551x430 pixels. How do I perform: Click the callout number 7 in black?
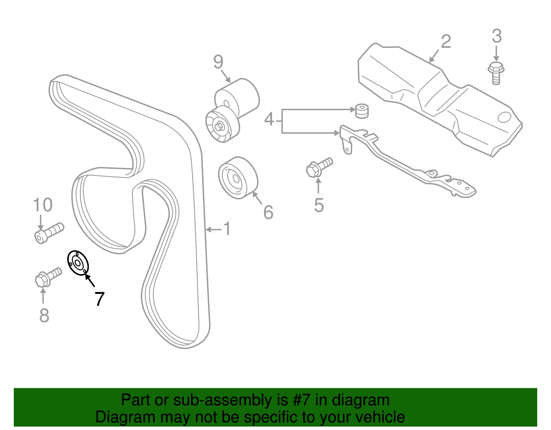pos(100,299)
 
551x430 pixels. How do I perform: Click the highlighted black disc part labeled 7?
pos(78,263)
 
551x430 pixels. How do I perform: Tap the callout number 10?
pos(43,205)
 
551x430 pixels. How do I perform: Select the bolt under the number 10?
pos(49,233)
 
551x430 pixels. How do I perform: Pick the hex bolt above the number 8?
pos(48,277)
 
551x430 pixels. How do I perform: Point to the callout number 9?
pos(218,62)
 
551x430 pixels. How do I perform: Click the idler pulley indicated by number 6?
pos(238,178)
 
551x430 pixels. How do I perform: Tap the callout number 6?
pos(268,212)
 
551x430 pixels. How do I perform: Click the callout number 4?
pos(269,119)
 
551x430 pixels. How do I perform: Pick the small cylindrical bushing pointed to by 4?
pos(362,111)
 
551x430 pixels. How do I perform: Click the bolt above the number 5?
pos(319,167)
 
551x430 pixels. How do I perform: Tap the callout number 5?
pos(319,205)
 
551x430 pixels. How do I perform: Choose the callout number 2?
pos(446,41)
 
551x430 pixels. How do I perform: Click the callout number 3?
pos(497,36)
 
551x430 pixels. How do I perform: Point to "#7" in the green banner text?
pos(301,400)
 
